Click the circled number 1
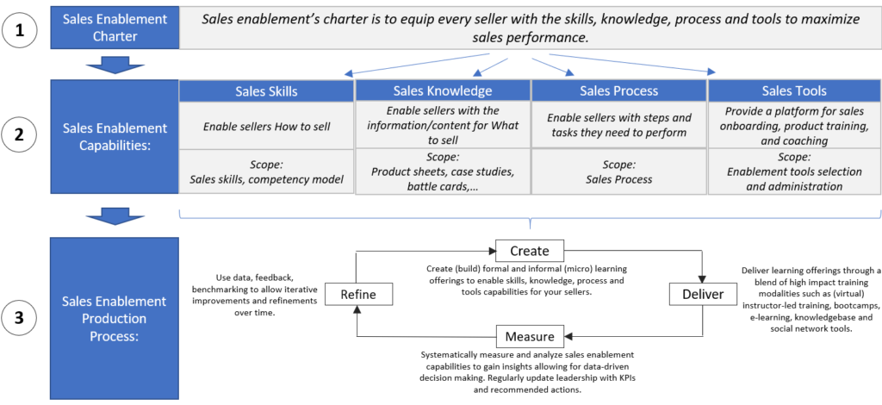tap(21, 28)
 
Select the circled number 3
tap(21, 319)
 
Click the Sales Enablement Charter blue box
tap(115, 28)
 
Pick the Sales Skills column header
tap(266, 90)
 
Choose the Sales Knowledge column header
tap(443, 90)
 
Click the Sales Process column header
tap(618, 90)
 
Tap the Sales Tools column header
tap(794, 90)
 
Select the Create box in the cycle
tap(530, 250)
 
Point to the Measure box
tap(530, 336)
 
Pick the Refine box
tap(357, 294)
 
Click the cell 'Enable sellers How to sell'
tap(266, 128)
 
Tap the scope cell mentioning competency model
tap(266, 172)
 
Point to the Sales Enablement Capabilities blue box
tap(115, 137)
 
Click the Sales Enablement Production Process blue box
tap(115, 318)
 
